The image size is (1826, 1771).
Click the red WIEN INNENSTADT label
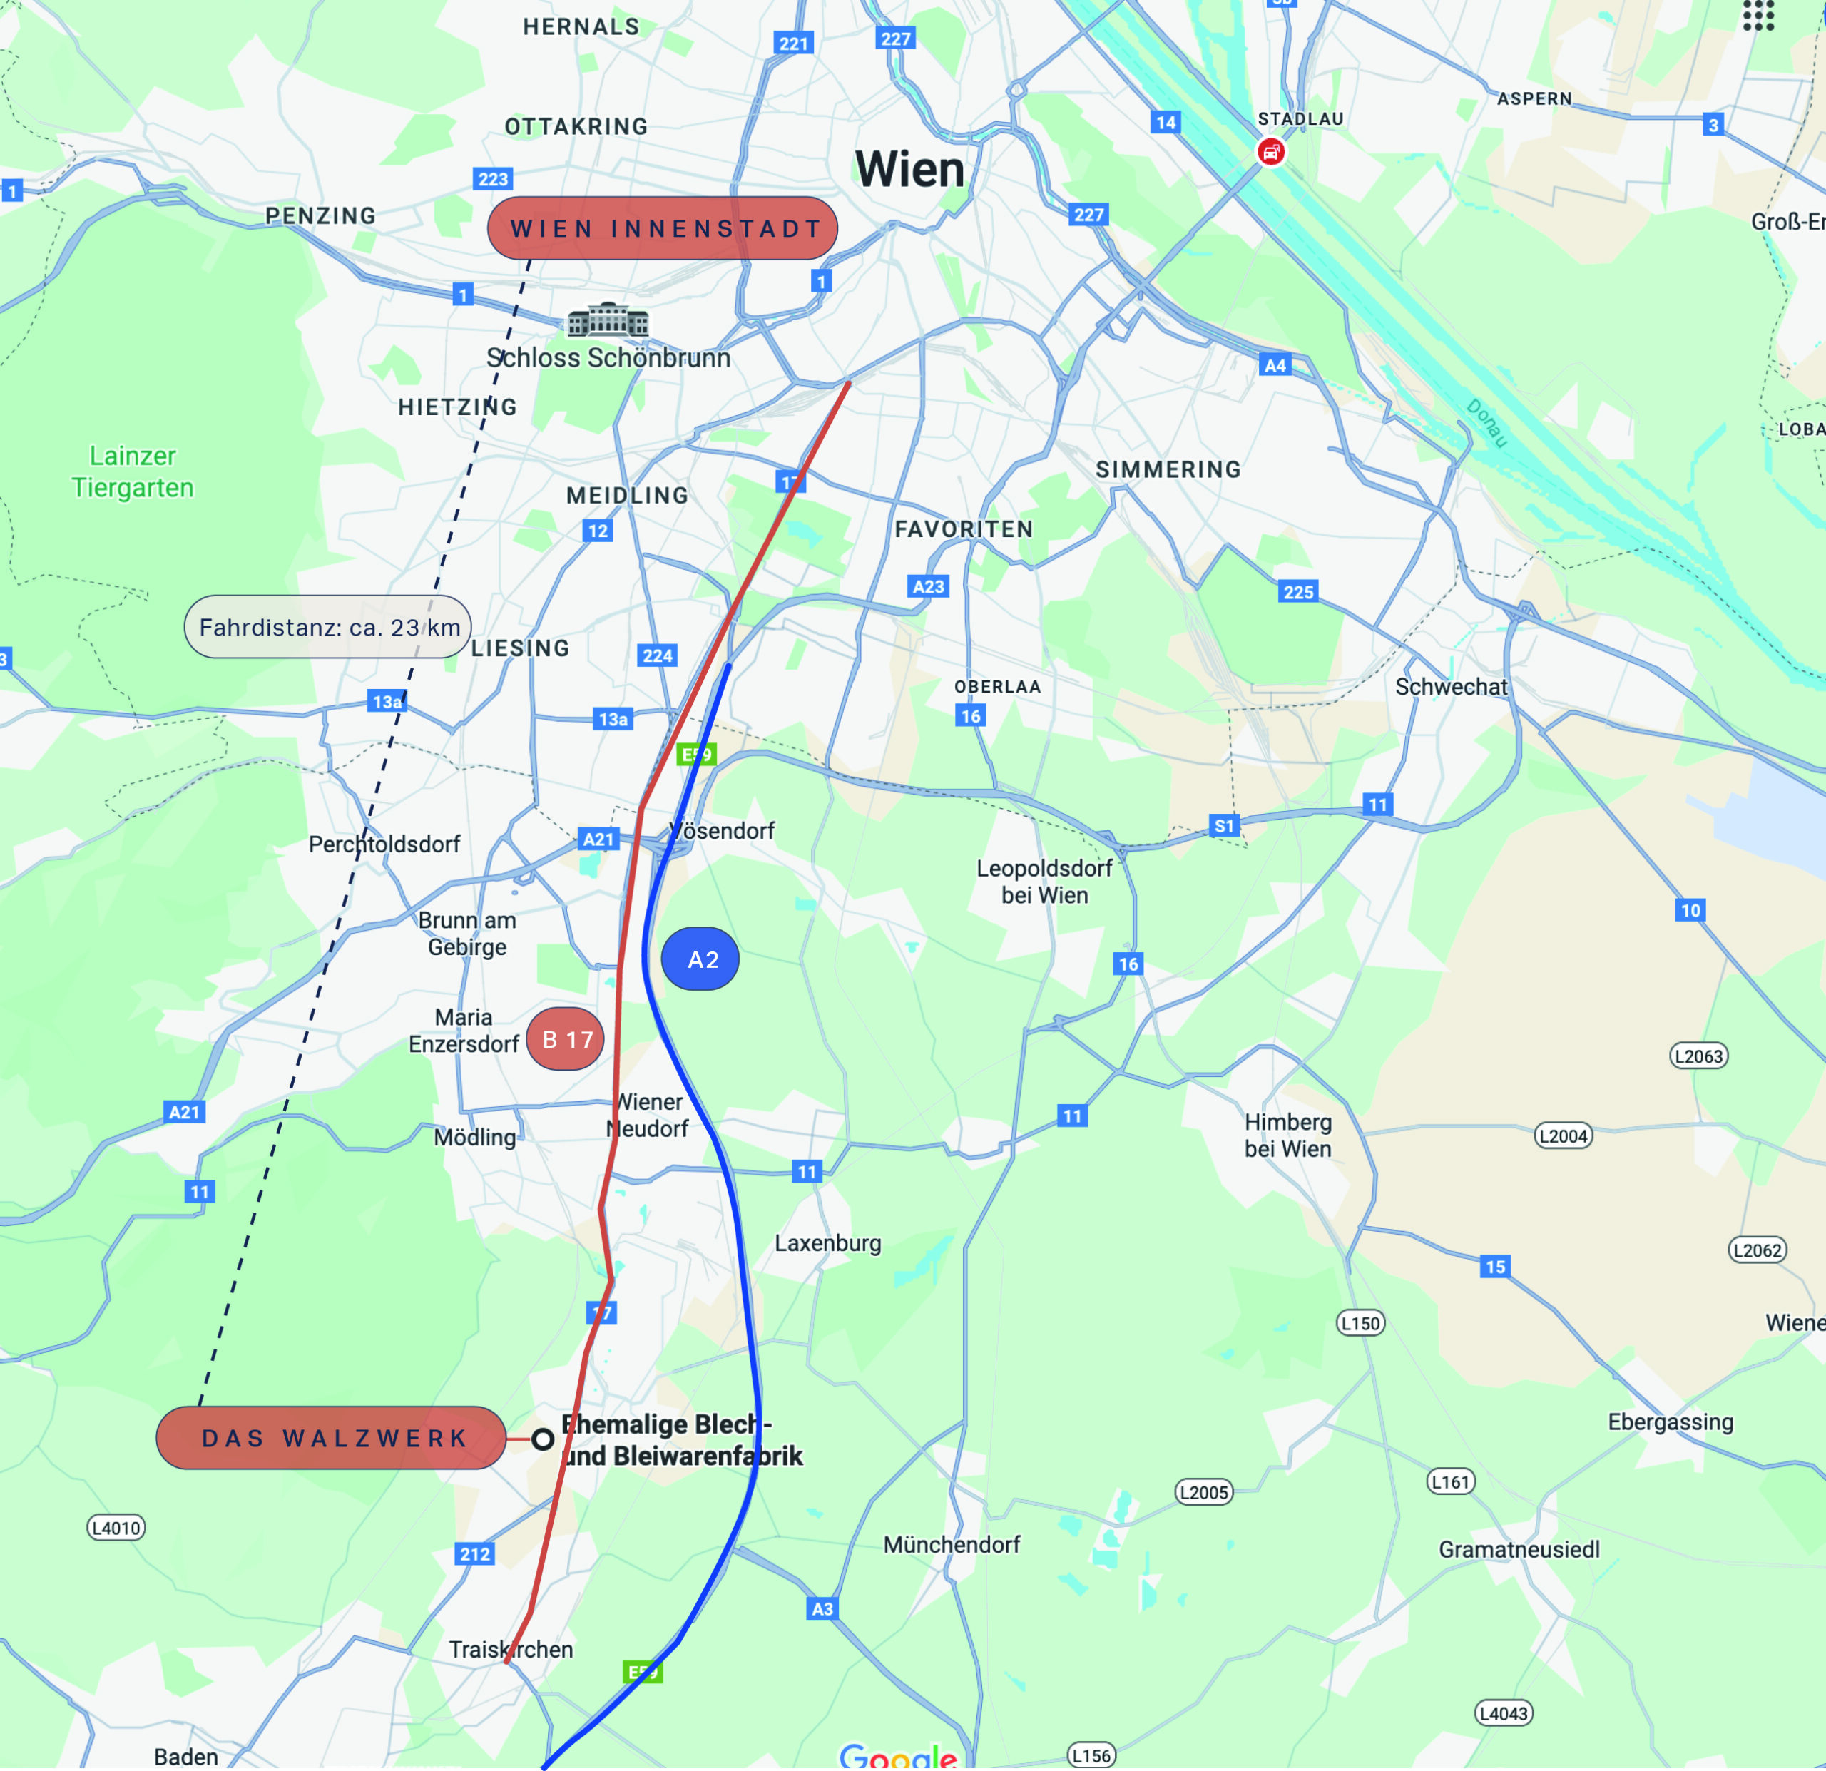663,228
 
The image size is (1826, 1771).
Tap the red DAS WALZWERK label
331,1439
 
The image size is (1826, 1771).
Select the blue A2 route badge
700,959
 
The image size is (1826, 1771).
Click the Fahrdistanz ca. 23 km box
328,627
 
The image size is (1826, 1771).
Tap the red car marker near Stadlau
1271,152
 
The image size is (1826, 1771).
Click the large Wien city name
909,170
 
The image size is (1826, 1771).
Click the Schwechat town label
1451,687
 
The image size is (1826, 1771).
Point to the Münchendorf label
952,1545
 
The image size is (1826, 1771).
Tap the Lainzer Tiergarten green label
132,471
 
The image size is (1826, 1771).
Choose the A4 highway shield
1275,365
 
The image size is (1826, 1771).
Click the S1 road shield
1223,825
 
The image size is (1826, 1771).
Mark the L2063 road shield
1698,1056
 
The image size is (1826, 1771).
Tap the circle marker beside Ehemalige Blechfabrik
542,1439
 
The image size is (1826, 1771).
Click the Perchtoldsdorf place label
384,844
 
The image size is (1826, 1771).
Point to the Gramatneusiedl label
1519,1549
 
